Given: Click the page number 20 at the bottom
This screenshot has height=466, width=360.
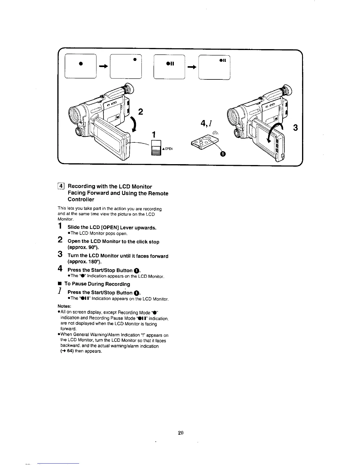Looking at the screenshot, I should (x=181, y=432).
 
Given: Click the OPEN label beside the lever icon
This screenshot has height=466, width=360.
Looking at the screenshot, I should (x=169, y=149).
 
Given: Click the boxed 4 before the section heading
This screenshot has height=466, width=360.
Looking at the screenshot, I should (x=60, y=186).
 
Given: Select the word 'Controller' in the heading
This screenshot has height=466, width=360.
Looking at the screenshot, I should (x=81, y=199).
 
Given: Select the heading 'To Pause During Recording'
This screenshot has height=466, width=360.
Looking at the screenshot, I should (x=97, y=284).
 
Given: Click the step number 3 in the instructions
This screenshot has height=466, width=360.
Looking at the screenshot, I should (x=60, y=254).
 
